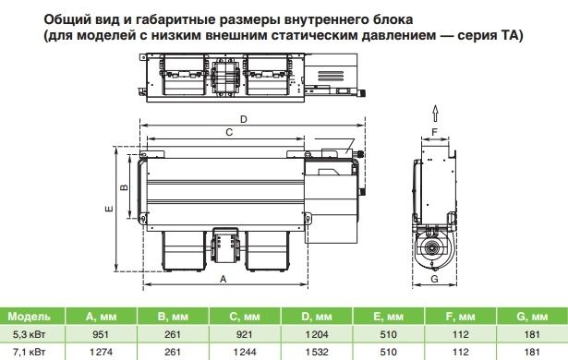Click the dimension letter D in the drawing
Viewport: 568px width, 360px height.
tap(244, 119)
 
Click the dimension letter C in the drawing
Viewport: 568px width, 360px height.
tap(229, 133)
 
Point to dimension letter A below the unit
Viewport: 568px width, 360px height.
tap(224, 280)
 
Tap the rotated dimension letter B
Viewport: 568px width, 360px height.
tap(124, 186)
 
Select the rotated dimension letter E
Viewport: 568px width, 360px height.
tap(109, 209)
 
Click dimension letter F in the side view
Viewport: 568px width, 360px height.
tap(435, 133)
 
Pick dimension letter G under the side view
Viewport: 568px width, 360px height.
tap(434, 279)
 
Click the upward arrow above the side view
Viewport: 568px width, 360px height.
tap(435, 114)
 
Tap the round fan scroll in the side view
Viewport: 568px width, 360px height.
tap(433, 249)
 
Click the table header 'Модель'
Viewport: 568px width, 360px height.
tap(29, 317)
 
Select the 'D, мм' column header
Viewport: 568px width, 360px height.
tap(317, 317)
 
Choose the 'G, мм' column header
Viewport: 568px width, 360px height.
tap(532, 317)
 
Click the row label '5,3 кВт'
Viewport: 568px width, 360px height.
tap(29, 334)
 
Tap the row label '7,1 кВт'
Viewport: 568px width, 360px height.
tap(29, 352)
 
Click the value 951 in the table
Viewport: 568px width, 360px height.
tap(101, 334)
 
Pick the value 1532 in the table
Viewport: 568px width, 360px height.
tap(317, 352)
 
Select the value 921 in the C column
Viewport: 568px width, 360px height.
tap(244, 334)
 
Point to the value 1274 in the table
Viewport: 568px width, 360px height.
tap(101, 352)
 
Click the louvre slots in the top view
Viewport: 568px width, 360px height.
tap(331, 77)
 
